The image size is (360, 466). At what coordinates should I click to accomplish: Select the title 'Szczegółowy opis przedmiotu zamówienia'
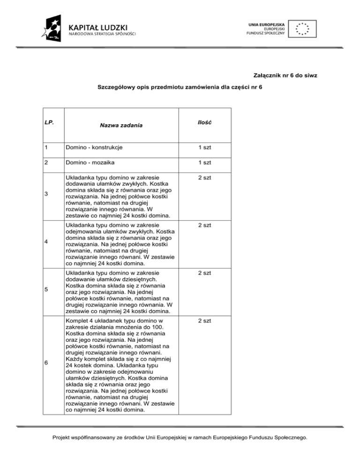coord(180,87)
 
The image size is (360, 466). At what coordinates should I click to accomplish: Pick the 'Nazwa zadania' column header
coord(121,125)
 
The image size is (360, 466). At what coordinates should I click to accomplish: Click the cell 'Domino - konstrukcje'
coord(94,147)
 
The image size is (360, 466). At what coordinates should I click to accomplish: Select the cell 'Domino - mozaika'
coord(90,162)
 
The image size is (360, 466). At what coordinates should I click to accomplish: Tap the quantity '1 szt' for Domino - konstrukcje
coord(204,147)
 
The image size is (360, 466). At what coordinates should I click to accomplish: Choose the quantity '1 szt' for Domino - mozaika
coord(204,162)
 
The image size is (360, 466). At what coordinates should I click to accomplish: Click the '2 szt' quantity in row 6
coord(204,320)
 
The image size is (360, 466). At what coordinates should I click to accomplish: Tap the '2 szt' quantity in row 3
coord(204,178)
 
